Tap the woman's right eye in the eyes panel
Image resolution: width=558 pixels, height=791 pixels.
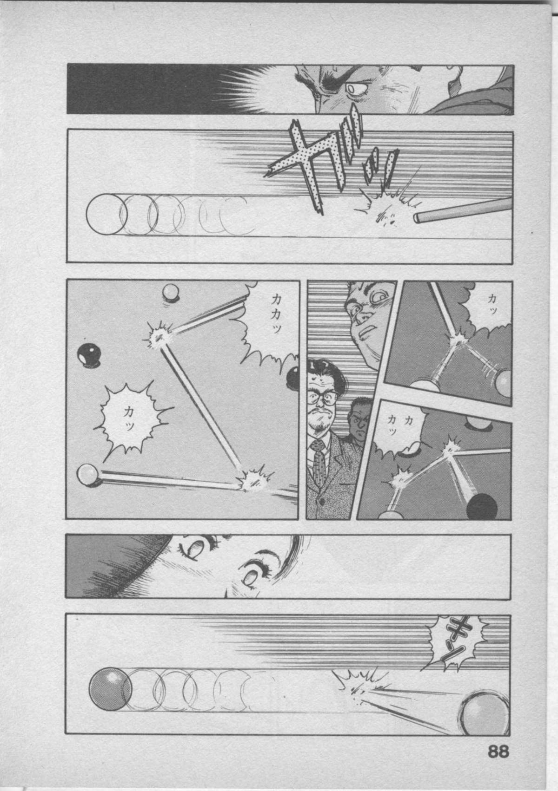pos(195,548)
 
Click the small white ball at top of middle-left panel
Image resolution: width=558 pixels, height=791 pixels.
pos(170,292)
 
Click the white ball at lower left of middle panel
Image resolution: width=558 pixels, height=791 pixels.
pos(87,474)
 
